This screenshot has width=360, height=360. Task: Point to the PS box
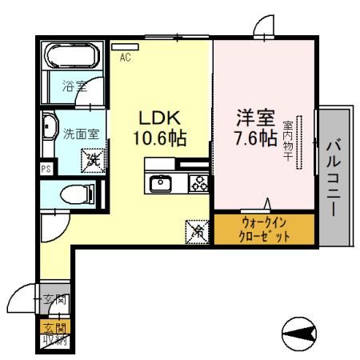coord(46,170)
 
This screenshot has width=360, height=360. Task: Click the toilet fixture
coord(78,193)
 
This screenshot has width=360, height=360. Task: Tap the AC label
coord(126,57)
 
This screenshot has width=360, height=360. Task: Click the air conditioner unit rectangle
coord(126,46)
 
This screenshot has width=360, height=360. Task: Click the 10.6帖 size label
coord(159,138)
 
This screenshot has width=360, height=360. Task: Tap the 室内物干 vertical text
coord(287,140)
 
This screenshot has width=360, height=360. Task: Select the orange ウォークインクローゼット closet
coord(264,227)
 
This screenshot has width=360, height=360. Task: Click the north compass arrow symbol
coord(302,331)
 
